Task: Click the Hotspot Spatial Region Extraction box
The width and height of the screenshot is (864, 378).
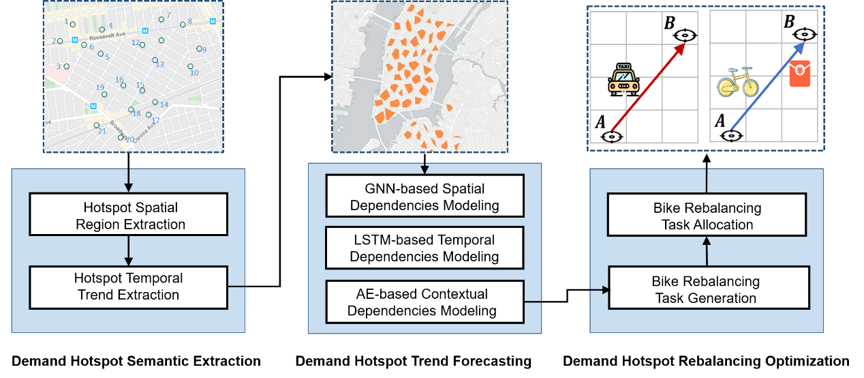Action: coord(128,214)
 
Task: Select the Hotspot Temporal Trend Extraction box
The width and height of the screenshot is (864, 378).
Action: coord(128,287)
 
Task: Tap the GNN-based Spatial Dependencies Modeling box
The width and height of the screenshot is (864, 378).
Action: coord(425,196)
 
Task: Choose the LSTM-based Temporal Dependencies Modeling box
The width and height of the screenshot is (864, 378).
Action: coord(425,248)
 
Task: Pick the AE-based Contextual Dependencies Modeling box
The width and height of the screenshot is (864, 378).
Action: coord(425,302)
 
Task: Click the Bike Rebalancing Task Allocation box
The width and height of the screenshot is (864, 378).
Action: coord(707,216)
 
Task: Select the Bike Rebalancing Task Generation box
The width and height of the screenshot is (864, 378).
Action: coord(707,289)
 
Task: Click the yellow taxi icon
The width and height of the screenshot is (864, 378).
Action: coord(623,80)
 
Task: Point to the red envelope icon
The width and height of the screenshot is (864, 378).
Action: coord(800,74)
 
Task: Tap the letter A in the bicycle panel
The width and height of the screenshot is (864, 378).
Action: coord(720,121)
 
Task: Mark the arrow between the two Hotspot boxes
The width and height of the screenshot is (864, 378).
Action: coord(128,249)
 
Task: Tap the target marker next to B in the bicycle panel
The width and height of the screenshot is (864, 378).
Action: coord(806,33)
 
